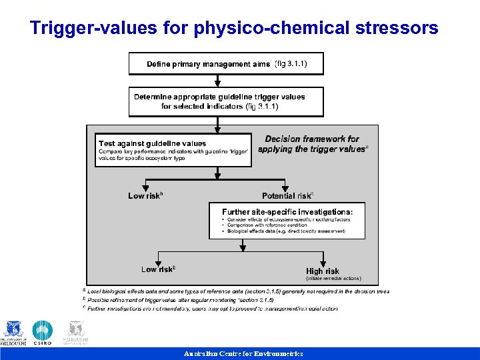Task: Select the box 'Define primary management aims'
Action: pyautogui.click(x=226, y=64)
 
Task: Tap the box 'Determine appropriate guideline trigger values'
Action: pyautogui.click(x=226, y=101)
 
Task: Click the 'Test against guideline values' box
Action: pyautogui.click(x=173, y=150)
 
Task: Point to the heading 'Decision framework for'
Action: pyautogui.click(x=312, y=139)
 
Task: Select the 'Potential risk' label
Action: pyautogui.click(x=288, y=196)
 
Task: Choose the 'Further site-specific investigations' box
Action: pyautogui.click(x=287, y=221)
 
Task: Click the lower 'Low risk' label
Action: pyautogui.click(x=159, y=269)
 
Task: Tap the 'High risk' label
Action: pyautogui.click(x=323, y=271)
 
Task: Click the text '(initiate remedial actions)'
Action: pyautogui.click(x=333, y=279)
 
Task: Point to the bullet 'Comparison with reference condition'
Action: pyautogui.click(x=265, y=225)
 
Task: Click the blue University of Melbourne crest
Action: pyautogui.click(x=13, y=330)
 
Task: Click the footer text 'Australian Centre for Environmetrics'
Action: pyautogui.click(x=243, y=353)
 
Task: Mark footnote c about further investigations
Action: pyautogui.click(x=210, y=309)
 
